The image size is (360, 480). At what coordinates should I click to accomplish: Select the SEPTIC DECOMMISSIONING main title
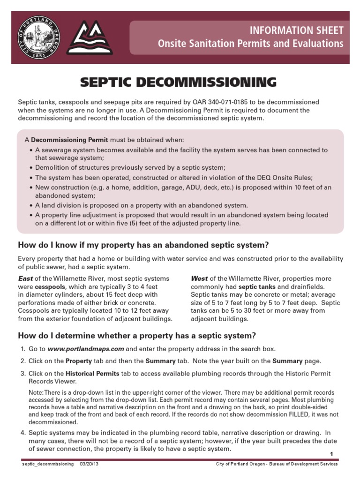[179, 82]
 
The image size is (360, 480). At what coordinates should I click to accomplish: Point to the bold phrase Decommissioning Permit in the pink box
[69, 140]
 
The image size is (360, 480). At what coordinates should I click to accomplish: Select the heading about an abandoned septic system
[143, 245]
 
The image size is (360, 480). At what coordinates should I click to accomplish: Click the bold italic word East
[25, 278]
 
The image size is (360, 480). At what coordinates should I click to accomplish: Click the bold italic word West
[199, 278]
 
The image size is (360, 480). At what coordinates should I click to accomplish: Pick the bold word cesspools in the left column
[50, 286]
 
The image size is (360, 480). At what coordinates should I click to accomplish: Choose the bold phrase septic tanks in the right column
[256, 286]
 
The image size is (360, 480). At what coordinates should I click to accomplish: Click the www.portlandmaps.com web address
[86, 349]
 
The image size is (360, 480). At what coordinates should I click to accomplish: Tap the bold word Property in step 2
[78, 361]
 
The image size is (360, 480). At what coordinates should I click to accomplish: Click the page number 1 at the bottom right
[331, 454]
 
